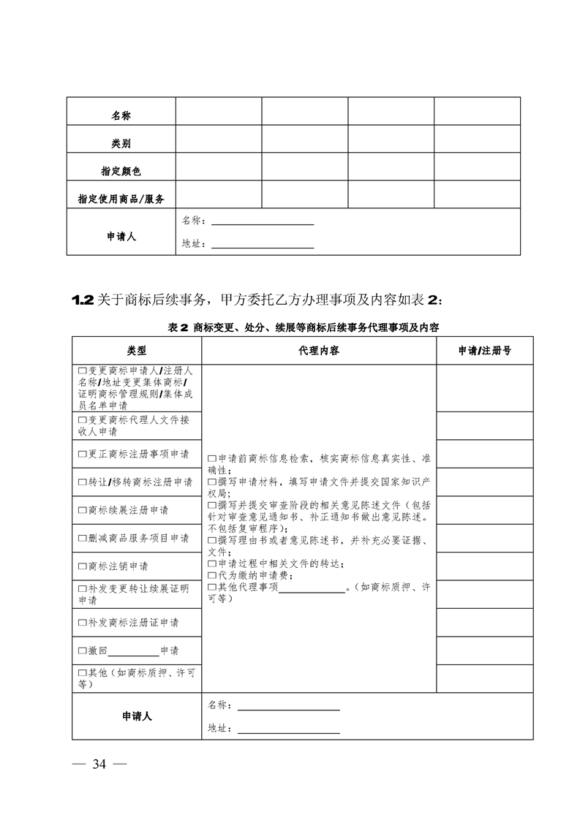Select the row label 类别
click(121, 144)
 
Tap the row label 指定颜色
click(121, 171)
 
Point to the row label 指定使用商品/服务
click(121, 199)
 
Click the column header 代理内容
click(318, 351)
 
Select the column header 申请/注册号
click(484, 351)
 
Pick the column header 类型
click(137, 351)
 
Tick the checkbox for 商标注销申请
click(82, 566)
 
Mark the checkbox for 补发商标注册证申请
click(82, 623)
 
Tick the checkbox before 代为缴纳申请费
click(212, 575)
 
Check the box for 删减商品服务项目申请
click(82, 538)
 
